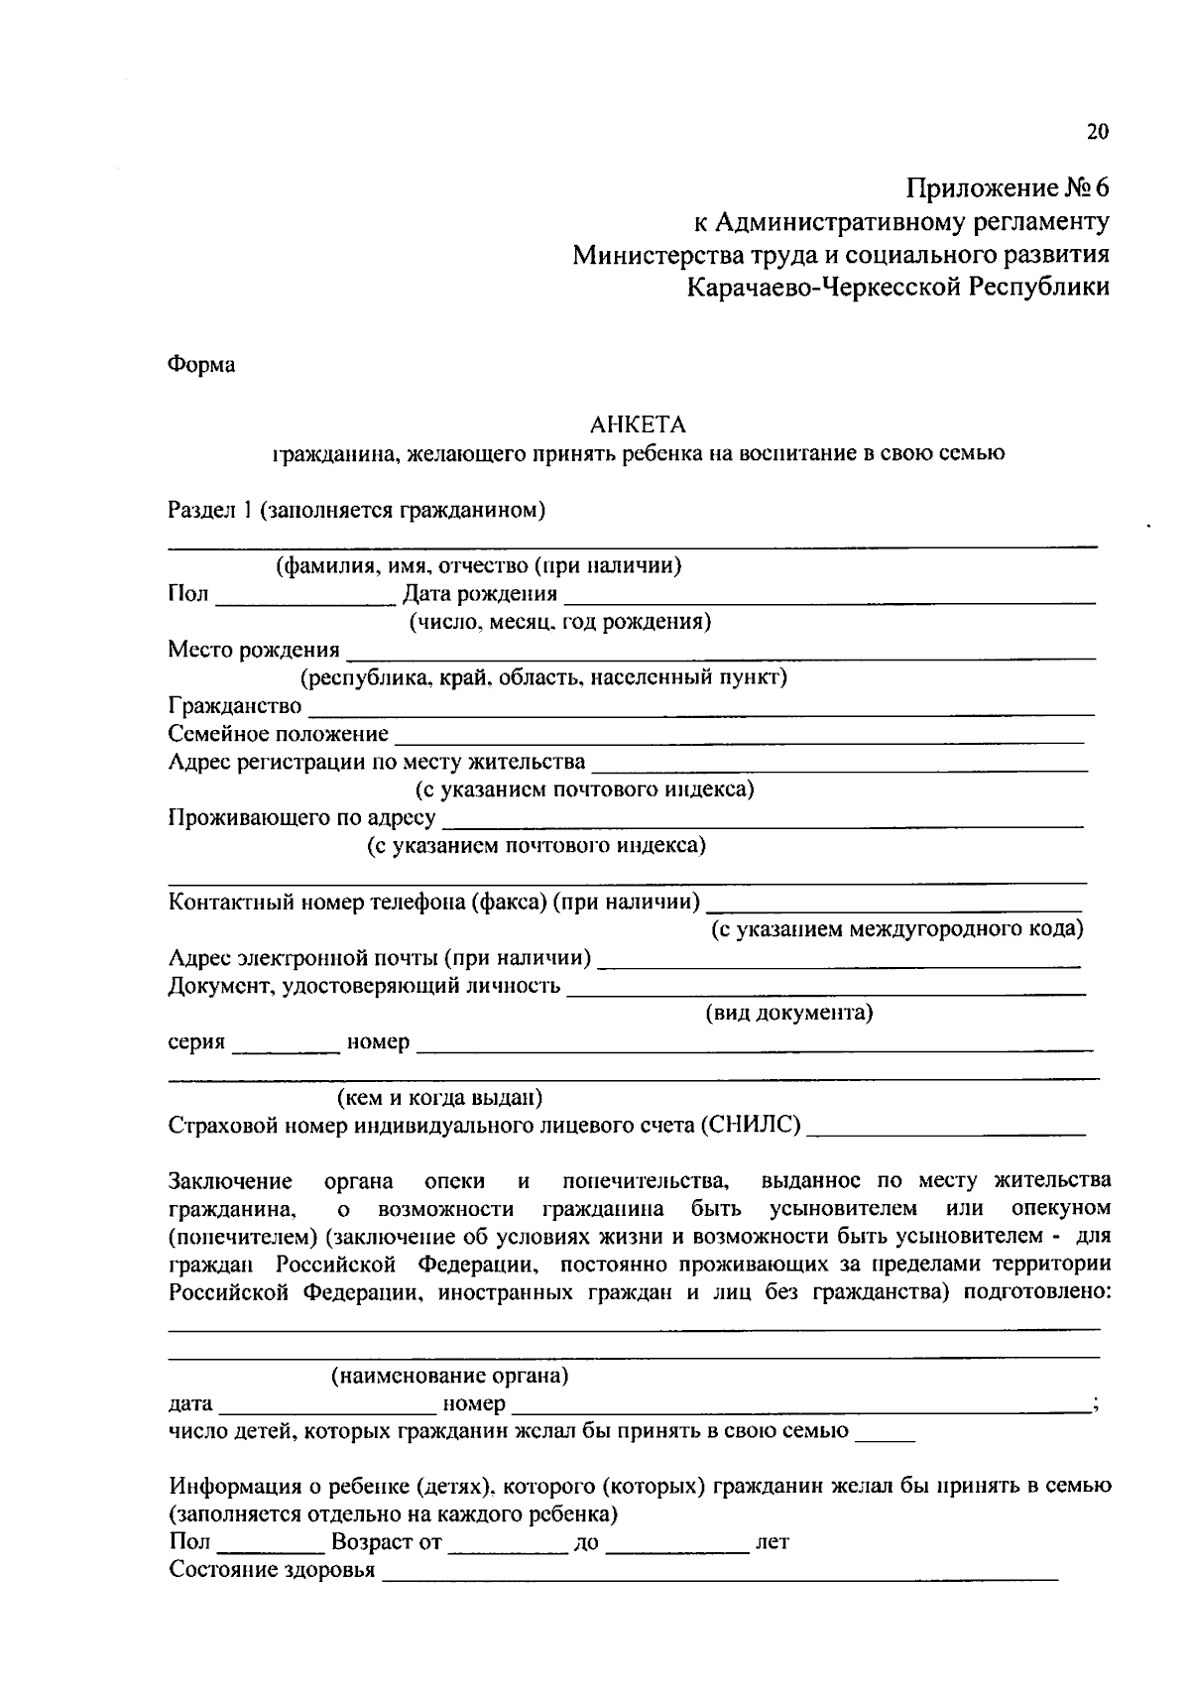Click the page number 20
pyautogui.click(x=1097, y=132)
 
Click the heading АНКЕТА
pyautogui.click(x=638, y=425)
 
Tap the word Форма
pyautogui.click(x=201, y=365)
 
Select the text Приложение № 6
pyautogui.click(x=1008, y=187)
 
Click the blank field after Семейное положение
pyautogui.click(x=738, y=737)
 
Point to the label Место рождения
pyautogui.click(x=254, y=651)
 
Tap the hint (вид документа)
pyautogui.click(x=788, y=1014)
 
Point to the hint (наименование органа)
pyautogui.click(x=449, y=1377)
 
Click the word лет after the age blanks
pyautogui.click(x=773, y=1543)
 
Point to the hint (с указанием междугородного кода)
pyautogui.click(x=896, y=930)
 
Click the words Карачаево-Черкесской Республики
pyautogui.click(x=897, y=288)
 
